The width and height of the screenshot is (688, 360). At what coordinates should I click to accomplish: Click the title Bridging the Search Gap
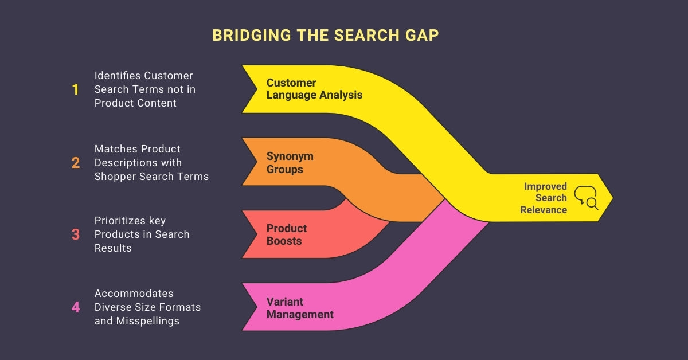tap(325, 35)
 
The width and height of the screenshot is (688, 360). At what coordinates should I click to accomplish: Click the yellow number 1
tap(75, 89)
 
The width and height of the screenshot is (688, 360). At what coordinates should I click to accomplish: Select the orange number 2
tap(76, 163)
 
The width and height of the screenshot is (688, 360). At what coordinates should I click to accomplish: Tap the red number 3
tap(76, 234)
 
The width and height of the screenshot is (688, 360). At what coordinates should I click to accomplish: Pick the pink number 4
tap(76, 307)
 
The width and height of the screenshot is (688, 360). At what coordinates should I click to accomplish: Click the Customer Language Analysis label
tap(314, 89)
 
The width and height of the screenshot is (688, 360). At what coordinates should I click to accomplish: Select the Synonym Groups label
tap(290, 163)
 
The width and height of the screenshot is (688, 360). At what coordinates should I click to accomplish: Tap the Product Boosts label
tap(286, 234)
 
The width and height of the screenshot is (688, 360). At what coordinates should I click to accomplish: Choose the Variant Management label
tap(299, 308)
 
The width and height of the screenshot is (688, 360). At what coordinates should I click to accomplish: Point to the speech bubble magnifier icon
tap(585, 197)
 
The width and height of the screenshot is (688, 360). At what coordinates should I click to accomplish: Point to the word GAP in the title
tap(420, 35)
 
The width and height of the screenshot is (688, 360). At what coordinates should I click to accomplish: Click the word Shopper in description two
tap(115, 177)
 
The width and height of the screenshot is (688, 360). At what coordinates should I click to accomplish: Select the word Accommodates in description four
tap(134, 294)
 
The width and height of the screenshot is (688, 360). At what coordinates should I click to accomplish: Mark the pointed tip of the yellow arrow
tap(612, 198)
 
